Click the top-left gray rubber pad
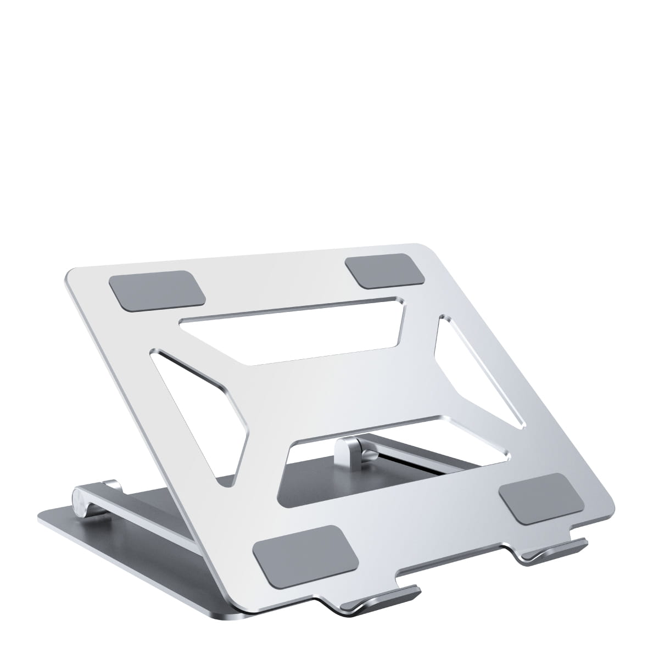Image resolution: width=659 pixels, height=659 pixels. coord(158,289)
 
